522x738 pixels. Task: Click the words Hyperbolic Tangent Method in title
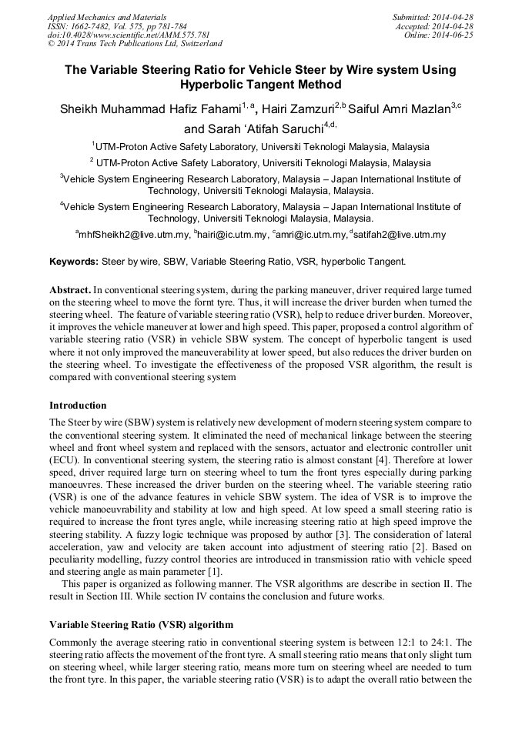pos(260,85)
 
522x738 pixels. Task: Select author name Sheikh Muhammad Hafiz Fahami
pos(151,109)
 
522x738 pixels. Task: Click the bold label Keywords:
pos(74,262)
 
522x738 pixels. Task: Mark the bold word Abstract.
pos(71,290)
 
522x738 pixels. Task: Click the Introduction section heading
pos(78,405)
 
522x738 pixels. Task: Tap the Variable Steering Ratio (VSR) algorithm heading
pos(141,624)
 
